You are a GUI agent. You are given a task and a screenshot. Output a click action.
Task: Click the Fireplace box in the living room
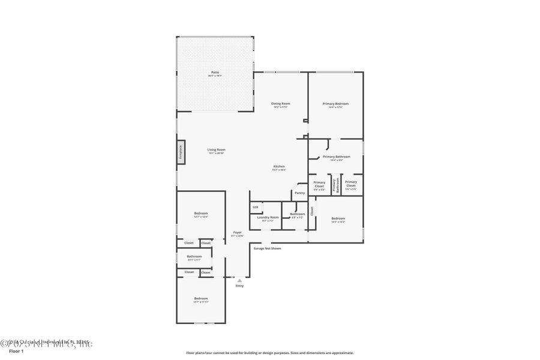pyautogui.click(x=180, y=152)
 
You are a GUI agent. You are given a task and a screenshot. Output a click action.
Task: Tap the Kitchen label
pyautogui.click(x=279, y=167)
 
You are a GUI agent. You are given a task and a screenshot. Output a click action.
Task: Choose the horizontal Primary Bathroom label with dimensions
pyautogui.click(x=336, y=158)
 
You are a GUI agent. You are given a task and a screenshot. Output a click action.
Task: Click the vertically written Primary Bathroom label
pyautogui.click(x=337, y=185)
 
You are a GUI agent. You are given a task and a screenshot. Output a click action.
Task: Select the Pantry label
pyautogui.click(x=299, y=193)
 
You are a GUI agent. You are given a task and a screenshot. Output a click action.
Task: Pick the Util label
pyautogui.click(x=255, y=207)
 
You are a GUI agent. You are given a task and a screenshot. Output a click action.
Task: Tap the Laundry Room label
pyautogui.click(x=268, y=218)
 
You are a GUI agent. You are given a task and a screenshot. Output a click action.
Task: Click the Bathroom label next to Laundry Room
pyautogui.click(x=298, y=215)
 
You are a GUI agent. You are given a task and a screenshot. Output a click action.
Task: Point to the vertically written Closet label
pyautogui.click(x=312, y=211)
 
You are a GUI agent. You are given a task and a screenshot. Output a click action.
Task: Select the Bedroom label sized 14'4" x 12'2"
pyautogui.click(x=338, y=220)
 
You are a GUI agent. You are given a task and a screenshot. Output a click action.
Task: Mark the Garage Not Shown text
pyautogui.click(x=267, y=248)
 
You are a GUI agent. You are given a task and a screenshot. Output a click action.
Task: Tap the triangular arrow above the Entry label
pyautogui.click(x=239, y=280)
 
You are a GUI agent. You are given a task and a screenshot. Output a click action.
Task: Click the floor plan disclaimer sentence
pyautogui.click(x=270, y=353)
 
